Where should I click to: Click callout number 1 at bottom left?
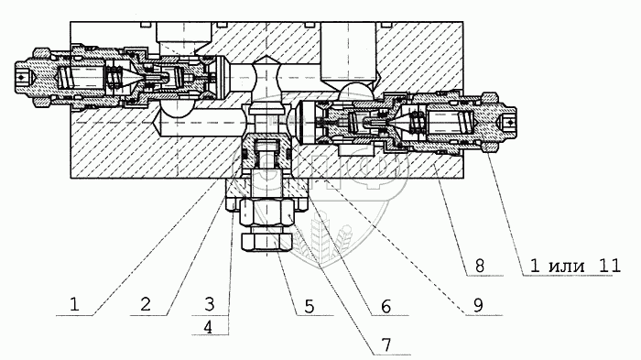coord(74,305)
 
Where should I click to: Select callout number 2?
coord(146,305)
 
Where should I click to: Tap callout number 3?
coord(210,304)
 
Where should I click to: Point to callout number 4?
coord(209,327)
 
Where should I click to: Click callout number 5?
coord(310,306)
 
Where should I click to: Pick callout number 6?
coord(386,306)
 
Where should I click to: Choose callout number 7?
coord(386,344)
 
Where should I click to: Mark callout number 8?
coord(480,266)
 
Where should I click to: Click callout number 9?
coord(478,306)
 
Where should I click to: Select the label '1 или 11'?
coord(575,266)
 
